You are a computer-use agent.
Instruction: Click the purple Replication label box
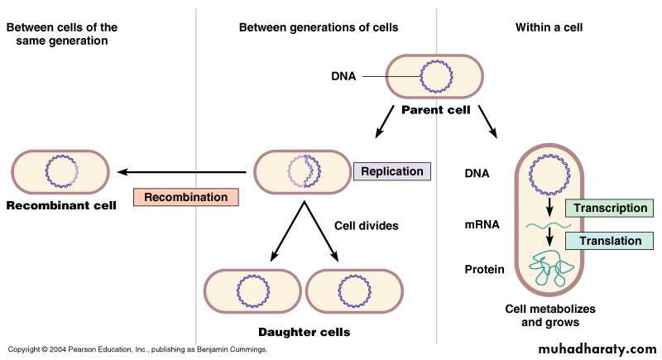pyautogui.click(x=392, y=172)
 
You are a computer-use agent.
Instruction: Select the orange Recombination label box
pyautogui.click(x=185, y=198)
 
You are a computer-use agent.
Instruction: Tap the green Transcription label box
pyautogui.click(x=609, y=209)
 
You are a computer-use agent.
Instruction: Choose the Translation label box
pyautogui.click(x=609, y=241)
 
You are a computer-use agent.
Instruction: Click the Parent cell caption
pyautogui.click(x=436, y=109)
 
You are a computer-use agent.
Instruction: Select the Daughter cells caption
pyautogui.click(x=304, y=332)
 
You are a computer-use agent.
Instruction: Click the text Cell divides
pyautogui.click(x=367, y=225)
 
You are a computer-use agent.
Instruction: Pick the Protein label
pyautogui.click(x=485, y=270)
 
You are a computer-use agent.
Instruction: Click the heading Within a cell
pyautogui.click(x=549, y=27)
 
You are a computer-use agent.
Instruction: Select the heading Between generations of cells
pyautogui.click(x=319, y=27)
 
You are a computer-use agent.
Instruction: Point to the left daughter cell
pyautogui.click(x=252, y=292)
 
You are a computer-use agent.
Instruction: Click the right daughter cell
pyautogui.click(x=354, y=292)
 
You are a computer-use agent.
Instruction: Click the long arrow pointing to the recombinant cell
pyautogui.click(x=182, y=172)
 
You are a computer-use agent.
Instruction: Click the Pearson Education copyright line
pyautogui.click(x=137, y=350)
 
